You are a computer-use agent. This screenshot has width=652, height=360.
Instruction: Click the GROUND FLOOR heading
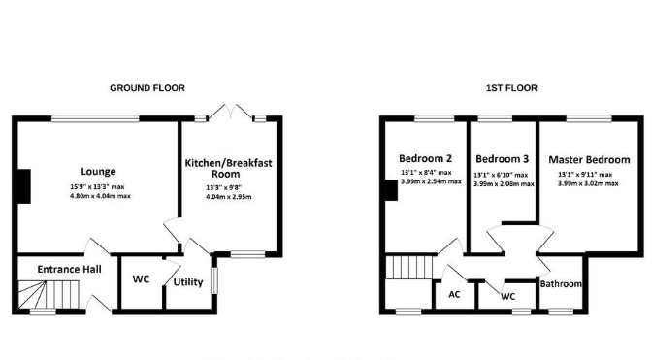coord(147,88)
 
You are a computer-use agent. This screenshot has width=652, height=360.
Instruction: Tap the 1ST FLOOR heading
coord(511,88)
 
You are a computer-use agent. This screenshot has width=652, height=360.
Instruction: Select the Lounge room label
coord(98,172)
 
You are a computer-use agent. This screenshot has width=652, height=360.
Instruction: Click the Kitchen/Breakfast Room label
coord(228,168)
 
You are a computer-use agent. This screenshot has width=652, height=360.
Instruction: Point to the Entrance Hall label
coord(70,269)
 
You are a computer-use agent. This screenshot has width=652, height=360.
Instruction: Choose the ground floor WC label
coord(141,278)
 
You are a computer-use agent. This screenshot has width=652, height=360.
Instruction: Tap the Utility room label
coord(188,282)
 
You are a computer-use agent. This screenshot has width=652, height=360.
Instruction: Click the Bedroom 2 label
coord(425,158)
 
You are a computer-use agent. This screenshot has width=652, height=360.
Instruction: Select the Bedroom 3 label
coord(503,159)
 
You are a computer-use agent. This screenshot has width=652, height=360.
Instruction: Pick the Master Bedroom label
coord(589,160)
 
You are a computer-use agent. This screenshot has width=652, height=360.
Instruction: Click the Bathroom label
coord(561,284)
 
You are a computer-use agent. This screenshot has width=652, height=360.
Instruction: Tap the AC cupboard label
coord(454,294)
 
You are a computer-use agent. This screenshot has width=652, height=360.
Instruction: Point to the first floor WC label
coord(507,296)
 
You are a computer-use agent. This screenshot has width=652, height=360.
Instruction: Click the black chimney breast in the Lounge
coord(24,186)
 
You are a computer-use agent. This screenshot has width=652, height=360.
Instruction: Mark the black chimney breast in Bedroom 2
coord(391,190)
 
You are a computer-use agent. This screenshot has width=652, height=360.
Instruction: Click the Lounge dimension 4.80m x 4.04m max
coord(100,196)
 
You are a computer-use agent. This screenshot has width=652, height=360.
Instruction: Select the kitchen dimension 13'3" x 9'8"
coord(224,188)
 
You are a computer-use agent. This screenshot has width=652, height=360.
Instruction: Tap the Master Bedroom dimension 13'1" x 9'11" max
coord(585,175)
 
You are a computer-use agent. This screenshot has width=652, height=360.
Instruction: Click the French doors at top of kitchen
coord(230,113)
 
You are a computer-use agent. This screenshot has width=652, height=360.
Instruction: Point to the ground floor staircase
coord(49,295)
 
